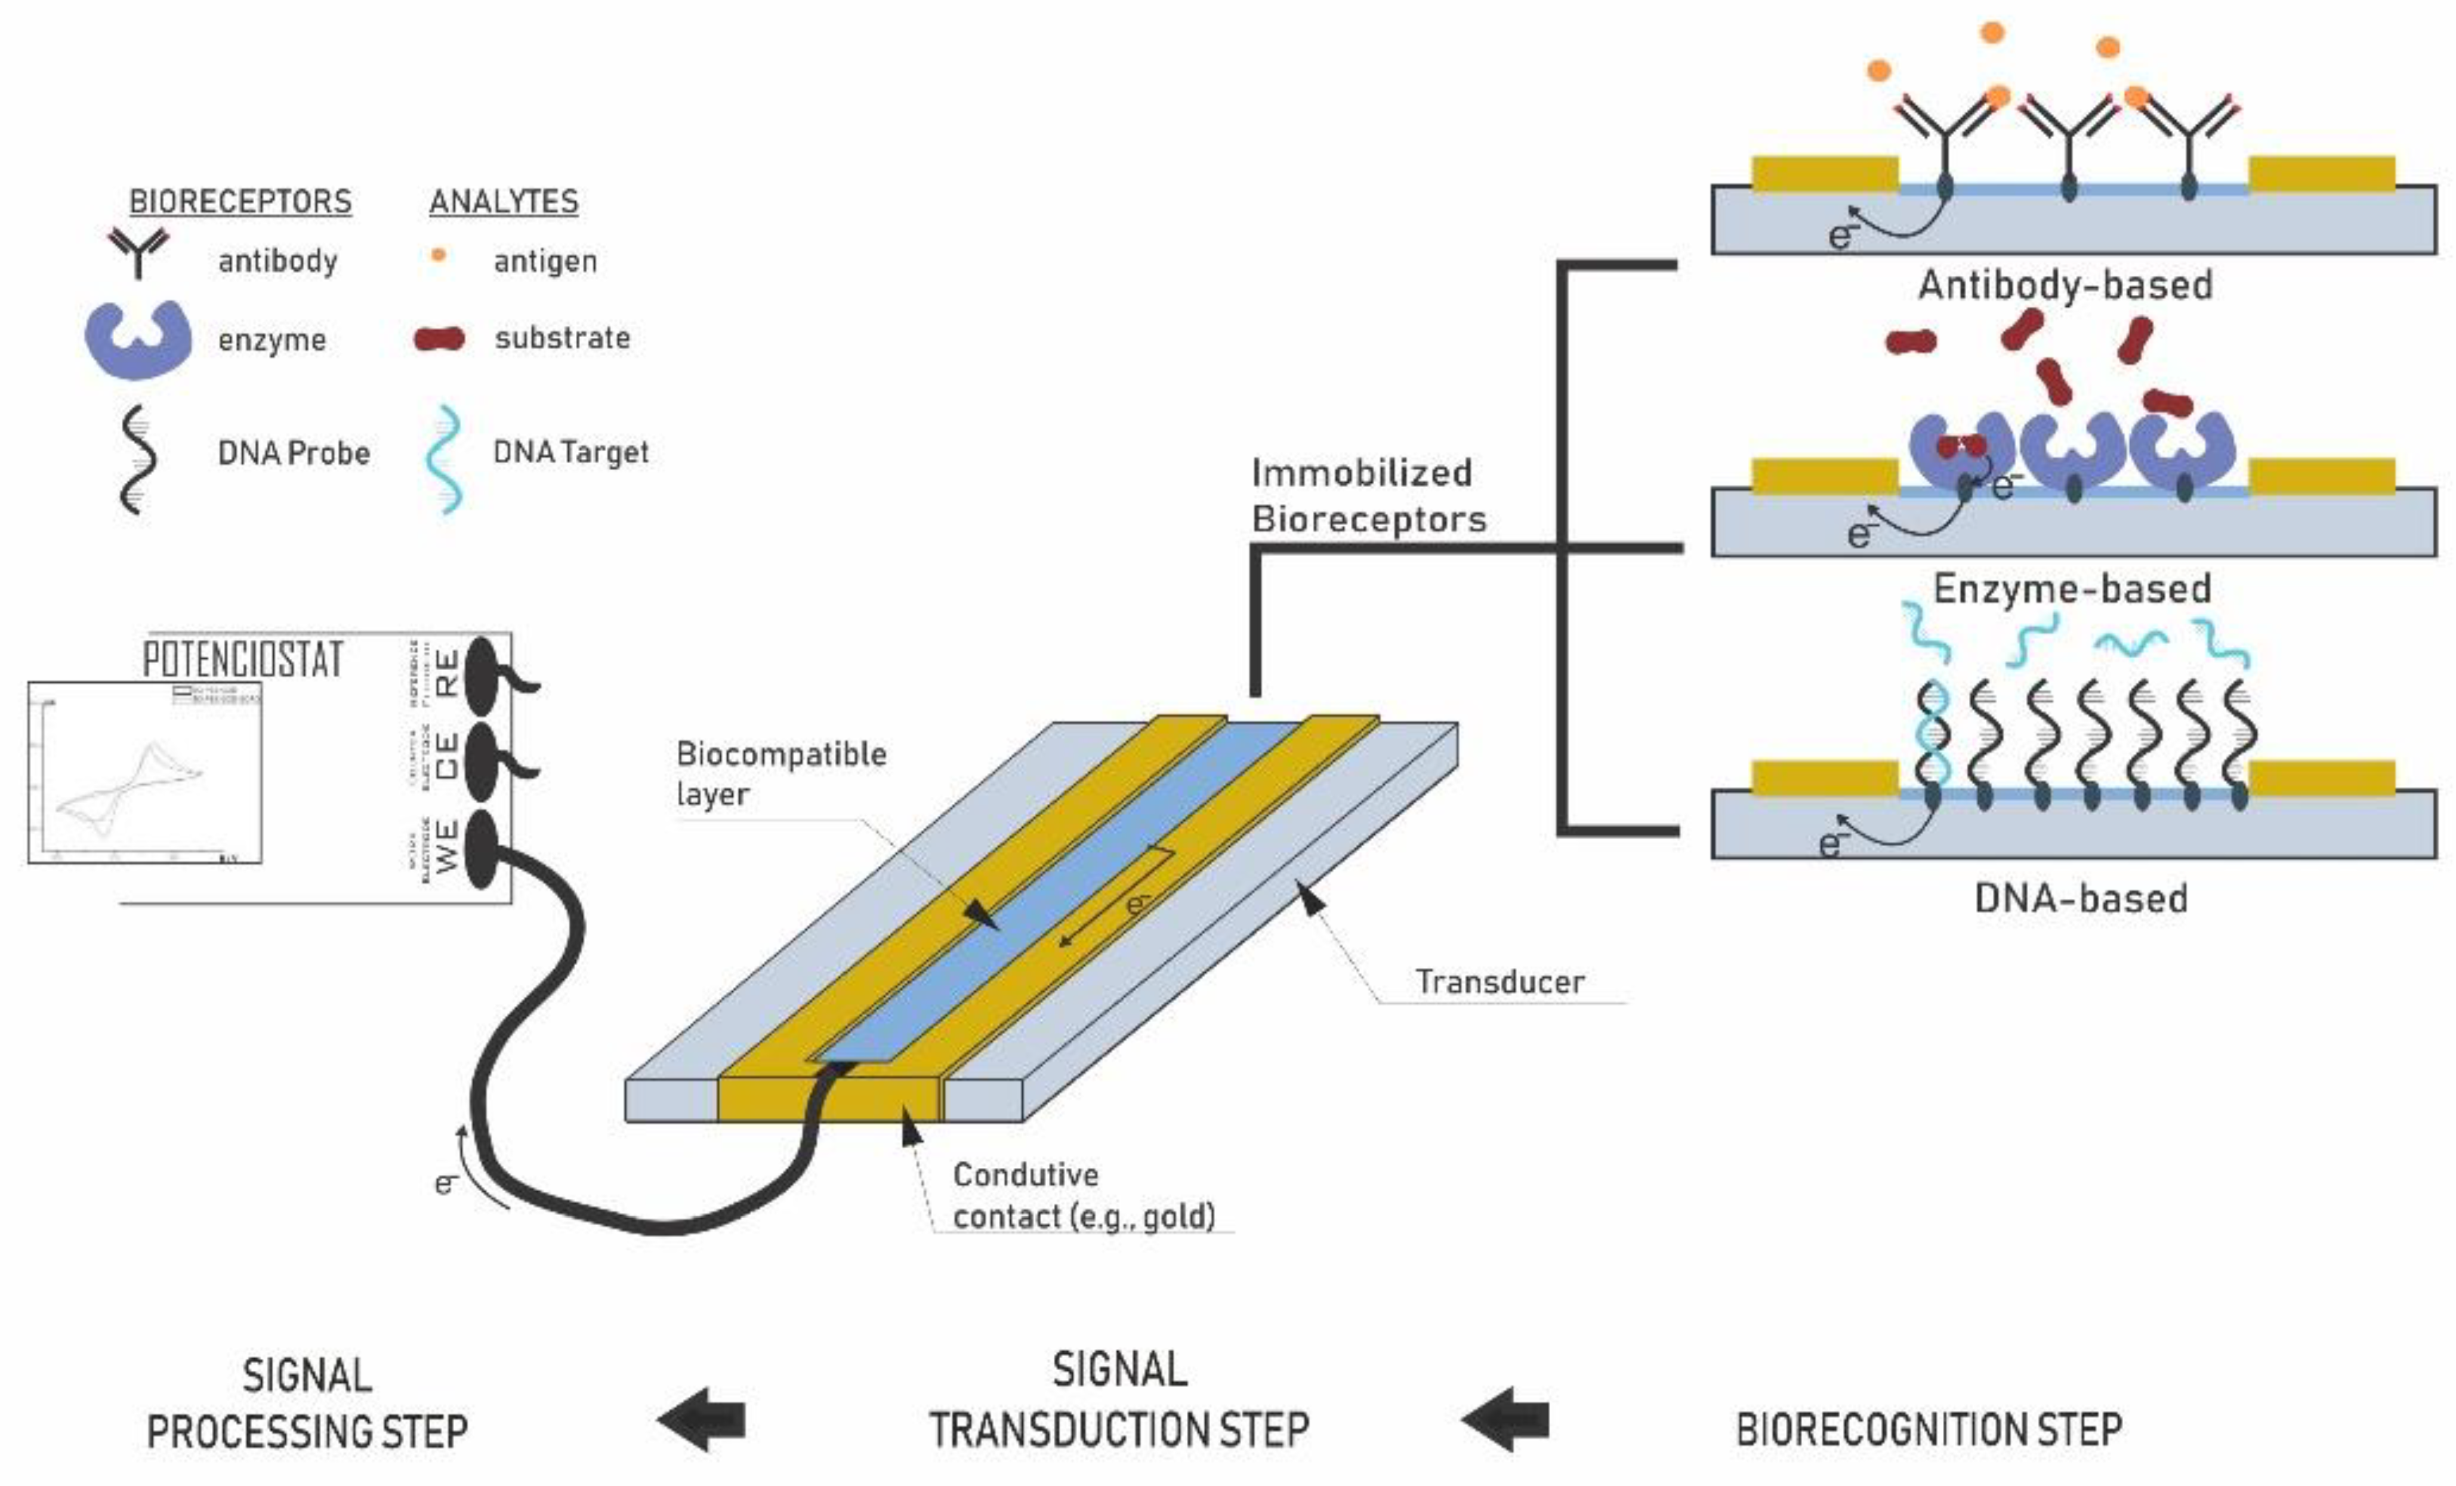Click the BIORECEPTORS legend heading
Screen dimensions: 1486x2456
pos(240,201)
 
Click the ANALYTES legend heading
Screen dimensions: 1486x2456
pos(504,201)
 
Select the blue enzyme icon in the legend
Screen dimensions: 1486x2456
pos(138,339)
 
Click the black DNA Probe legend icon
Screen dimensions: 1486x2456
pos(138,458)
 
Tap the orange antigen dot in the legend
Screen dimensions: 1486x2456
pos(437,256)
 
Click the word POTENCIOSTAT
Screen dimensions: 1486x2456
pos(243,660)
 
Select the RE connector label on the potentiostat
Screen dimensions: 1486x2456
pos(448,674)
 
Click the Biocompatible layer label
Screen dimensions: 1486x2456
pos(780,773)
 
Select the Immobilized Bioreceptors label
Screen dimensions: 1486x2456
pos(1368,495)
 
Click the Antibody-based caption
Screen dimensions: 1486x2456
pos(2065,286)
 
